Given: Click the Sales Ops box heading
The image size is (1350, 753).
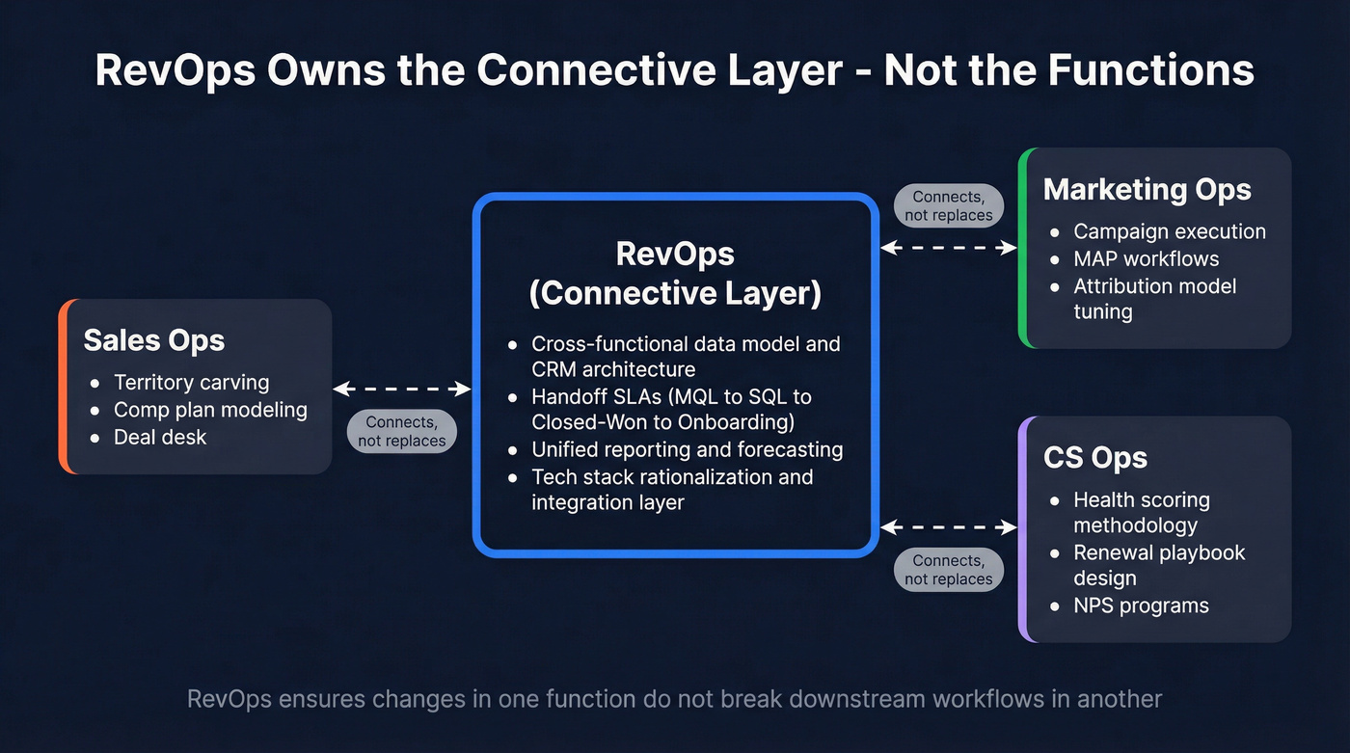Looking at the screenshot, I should click(154, 340).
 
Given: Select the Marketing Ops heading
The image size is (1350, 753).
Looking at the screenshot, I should click(1147, 189).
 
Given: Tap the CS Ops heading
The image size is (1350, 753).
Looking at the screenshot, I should click(1094, 457).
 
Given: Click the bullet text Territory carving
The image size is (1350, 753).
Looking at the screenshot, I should click(191, 383).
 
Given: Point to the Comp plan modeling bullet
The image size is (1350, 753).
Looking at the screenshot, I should click(210, 410).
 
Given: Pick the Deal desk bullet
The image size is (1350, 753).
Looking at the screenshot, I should click(160, 437).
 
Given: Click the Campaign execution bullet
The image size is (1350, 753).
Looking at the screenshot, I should click(1169, 231).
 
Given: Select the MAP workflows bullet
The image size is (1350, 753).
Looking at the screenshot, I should click(1146, 258).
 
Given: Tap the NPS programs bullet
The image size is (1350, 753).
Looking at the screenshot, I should click(1141, 605).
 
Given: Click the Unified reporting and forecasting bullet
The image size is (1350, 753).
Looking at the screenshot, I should click(687, 449).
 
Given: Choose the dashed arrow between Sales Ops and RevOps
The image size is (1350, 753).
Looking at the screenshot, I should click(402, 389).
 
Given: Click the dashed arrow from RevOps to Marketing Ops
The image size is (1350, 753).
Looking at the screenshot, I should click(949, 248).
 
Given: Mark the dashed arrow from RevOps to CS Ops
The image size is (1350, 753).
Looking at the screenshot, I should click(949, 527).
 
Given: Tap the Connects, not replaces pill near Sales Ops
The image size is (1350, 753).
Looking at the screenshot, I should click(402, 431).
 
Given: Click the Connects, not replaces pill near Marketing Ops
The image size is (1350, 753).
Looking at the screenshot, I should click(949, 206).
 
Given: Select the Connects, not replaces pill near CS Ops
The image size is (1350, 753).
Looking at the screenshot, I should click(949, 570).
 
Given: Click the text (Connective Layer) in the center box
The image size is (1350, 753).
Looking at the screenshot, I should click(675, 292).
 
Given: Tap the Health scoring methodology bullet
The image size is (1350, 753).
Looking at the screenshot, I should click(1141, 513).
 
